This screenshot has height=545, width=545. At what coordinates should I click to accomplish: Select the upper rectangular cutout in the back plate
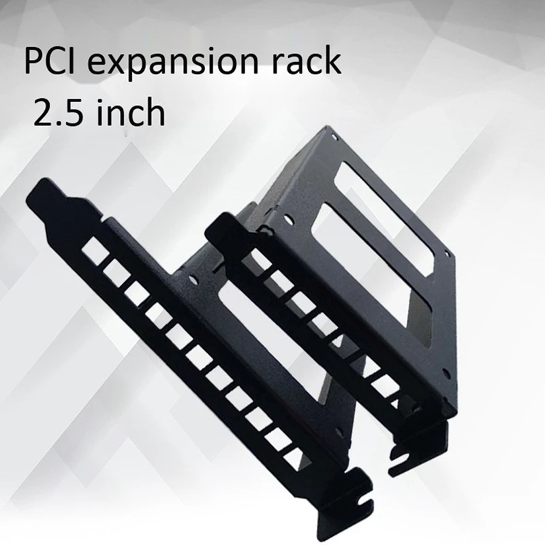[x=381, y=198]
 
